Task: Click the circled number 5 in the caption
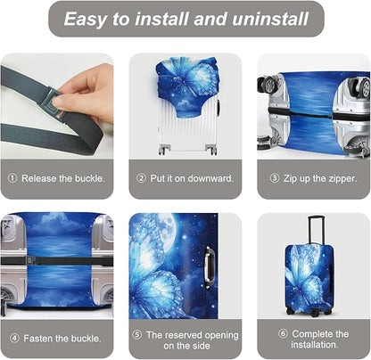(x=137, y=334)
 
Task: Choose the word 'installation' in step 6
(x=313, y=344)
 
